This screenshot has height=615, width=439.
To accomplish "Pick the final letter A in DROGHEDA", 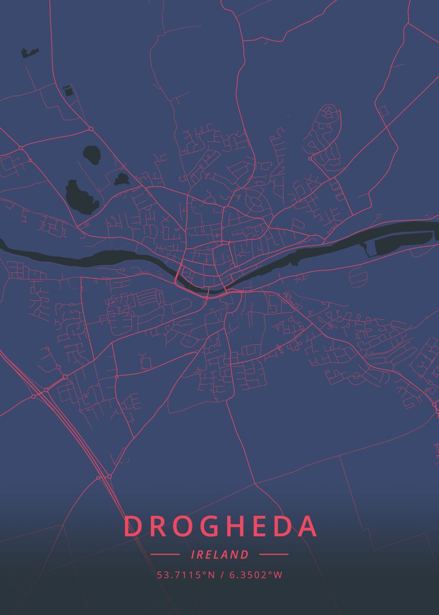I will [306, 526].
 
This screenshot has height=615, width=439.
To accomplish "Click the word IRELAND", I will [219, 555].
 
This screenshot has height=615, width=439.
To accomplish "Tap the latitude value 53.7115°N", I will [186, 575].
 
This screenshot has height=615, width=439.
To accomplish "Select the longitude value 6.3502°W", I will [255, 575].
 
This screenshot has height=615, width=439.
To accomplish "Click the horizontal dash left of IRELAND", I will [165, 555].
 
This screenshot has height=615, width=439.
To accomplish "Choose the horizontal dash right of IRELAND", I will [274, 555].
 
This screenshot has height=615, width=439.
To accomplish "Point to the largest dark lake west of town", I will [81, 196].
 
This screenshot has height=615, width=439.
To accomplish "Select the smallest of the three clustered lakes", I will [122, 179].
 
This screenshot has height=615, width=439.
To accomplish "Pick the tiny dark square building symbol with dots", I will [67, 91].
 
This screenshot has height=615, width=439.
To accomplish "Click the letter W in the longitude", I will [278, 575].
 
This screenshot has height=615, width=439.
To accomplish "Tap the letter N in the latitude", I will [212, 575].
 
